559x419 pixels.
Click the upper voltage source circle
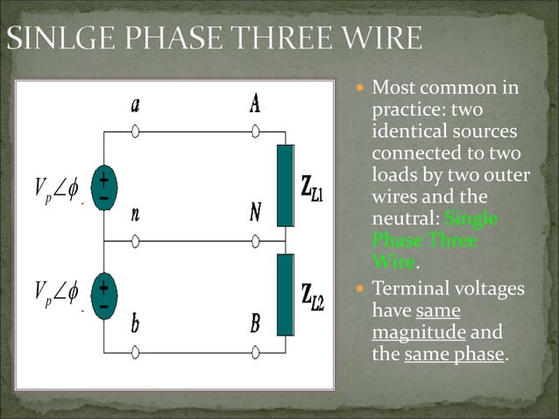(103, 187)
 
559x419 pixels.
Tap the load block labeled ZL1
(286, 186)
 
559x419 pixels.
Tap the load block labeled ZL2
(286, 295)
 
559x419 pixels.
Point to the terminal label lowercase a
(136, 105)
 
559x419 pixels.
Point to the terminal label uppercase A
(255, 105)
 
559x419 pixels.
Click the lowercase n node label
(135, 214)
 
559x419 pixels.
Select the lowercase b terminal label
(136, 324)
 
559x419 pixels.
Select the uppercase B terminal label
(255, 324)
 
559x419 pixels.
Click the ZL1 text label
(313, 188)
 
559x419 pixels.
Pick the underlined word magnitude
(419, 333)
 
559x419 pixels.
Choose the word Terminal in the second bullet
(409, 289)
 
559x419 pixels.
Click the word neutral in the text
(405, 217)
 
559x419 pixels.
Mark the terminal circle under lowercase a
(136, 132)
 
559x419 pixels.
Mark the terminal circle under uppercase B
(255, 352)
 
